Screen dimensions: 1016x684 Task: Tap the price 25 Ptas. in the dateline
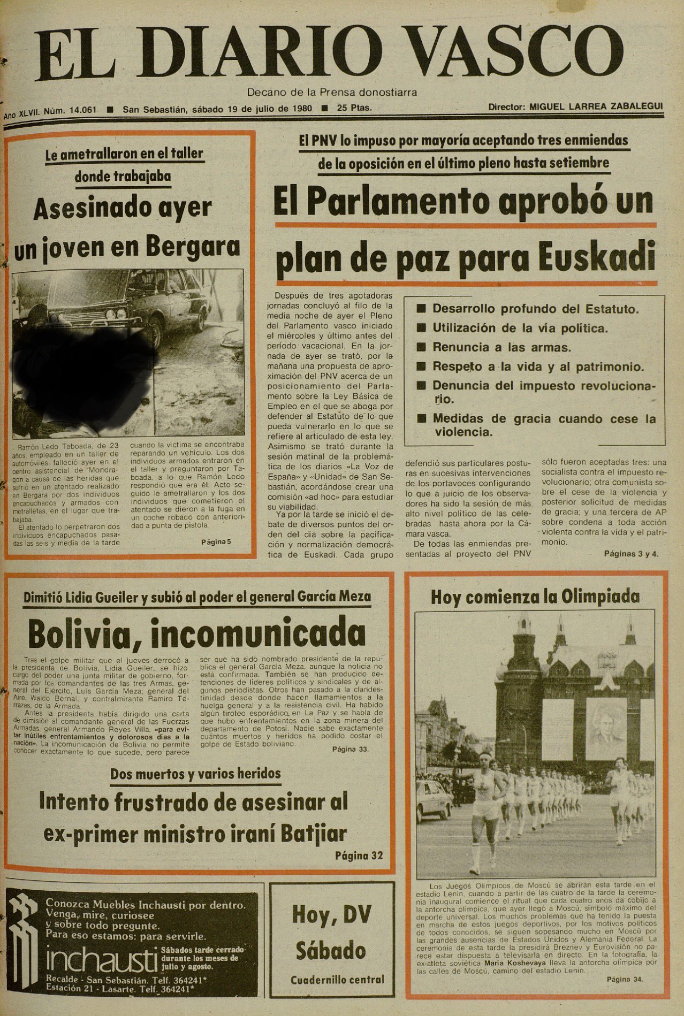pyautogui.click(x=354, y=108)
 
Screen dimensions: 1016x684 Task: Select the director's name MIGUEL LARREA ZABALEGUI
pyautogui.click(x=596, y=106)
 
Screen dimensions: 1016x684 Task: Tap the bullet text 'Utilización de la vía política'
pyautogui.click(x=520, y=328)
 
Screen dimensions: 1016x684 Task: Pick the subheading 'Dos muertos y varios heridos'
pyautogui.click(x=195, y=773)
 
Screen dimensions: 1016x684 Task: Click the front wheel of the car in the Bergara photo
pyautogui.click(x=156, y=325)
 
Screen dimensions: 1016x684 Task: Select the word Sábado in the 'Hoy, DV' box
pyautogui.click(x=331, y=951)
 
